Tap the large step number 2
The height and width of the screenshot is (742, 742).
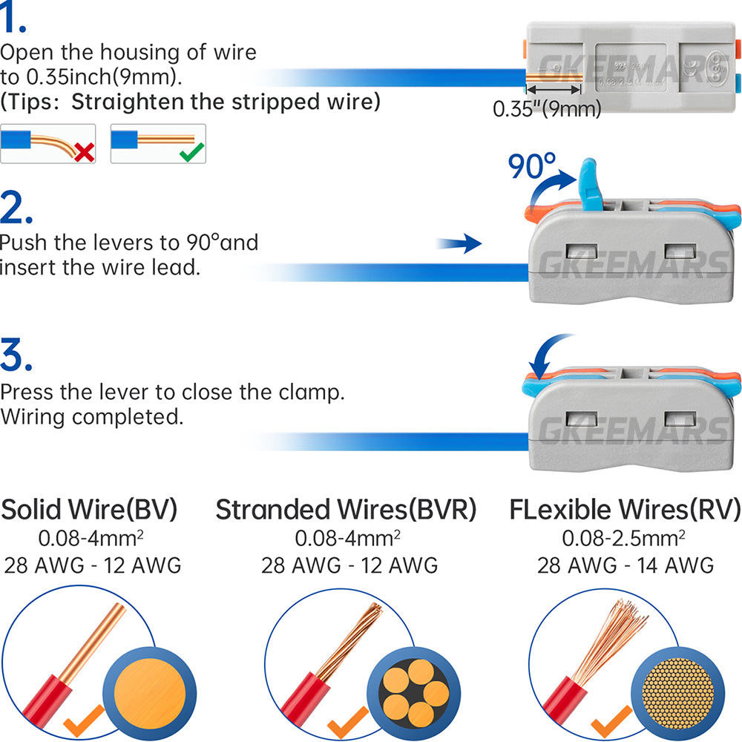pyautogui.click(x=16, y=209)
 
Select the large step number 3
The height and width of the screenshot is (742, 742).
pyautogui.click(x=16, y=356)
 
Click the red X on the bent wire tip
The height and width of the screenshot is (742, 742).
pyautogui.click(x=85, y=153)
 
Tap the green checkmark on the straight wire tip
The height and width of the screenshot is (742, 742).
pyautogui.click(x=193, y=152)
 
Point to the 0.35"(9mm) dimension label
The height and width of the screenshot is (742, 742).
pyautogui.click(x=547, y=109)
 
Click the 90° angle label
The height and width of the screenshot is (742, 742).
pyautogui.click(x=531, y=168)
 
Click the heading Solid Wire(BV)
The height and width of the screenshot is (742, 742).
pyautogui.click(x=90, y=510)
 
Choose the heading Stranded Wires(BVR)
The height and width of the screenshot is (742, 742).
pyautogui.click(x=346, y=510)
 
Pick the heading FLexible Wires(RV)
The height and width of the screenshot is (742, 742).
pyautogui.click(x=625, y=510)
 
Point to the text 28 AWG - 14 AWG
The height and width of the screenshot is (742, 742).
pyautogui.click(x=626, y=565)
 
